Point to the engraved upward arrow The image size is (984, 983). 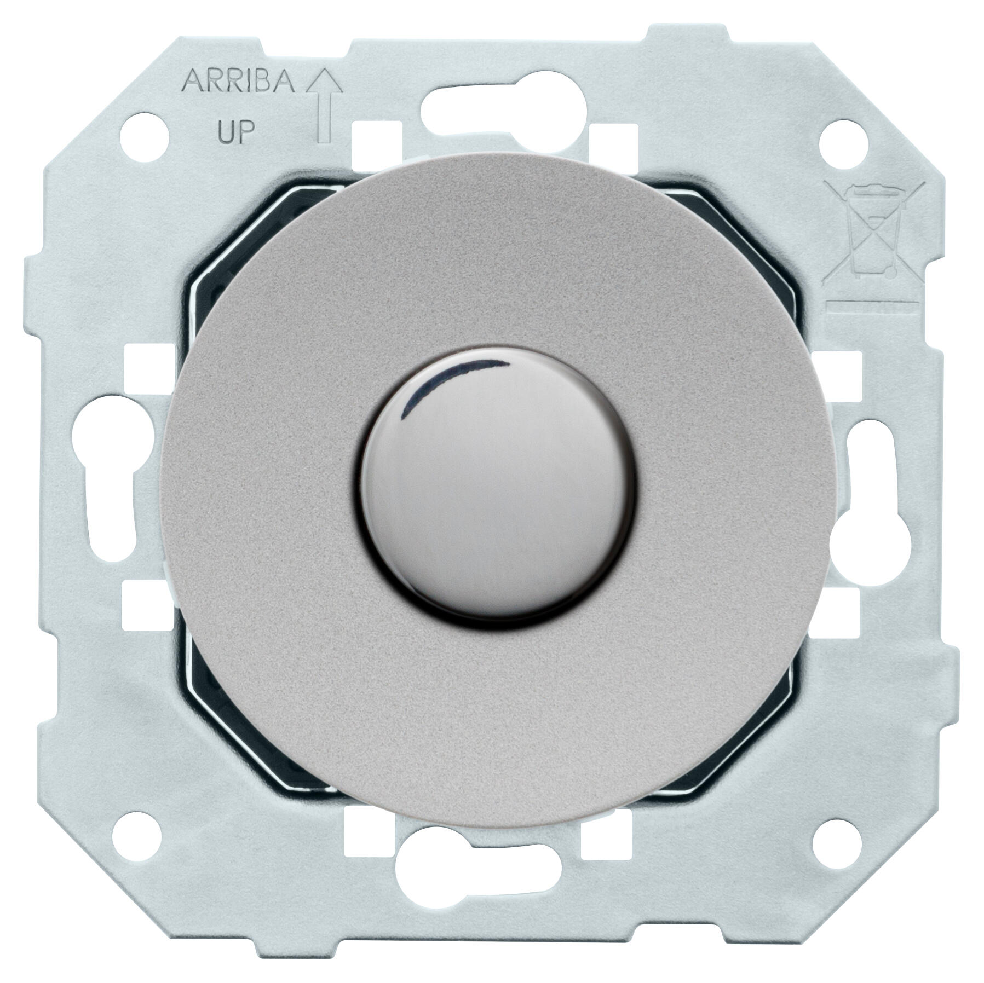coord(324,107)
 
